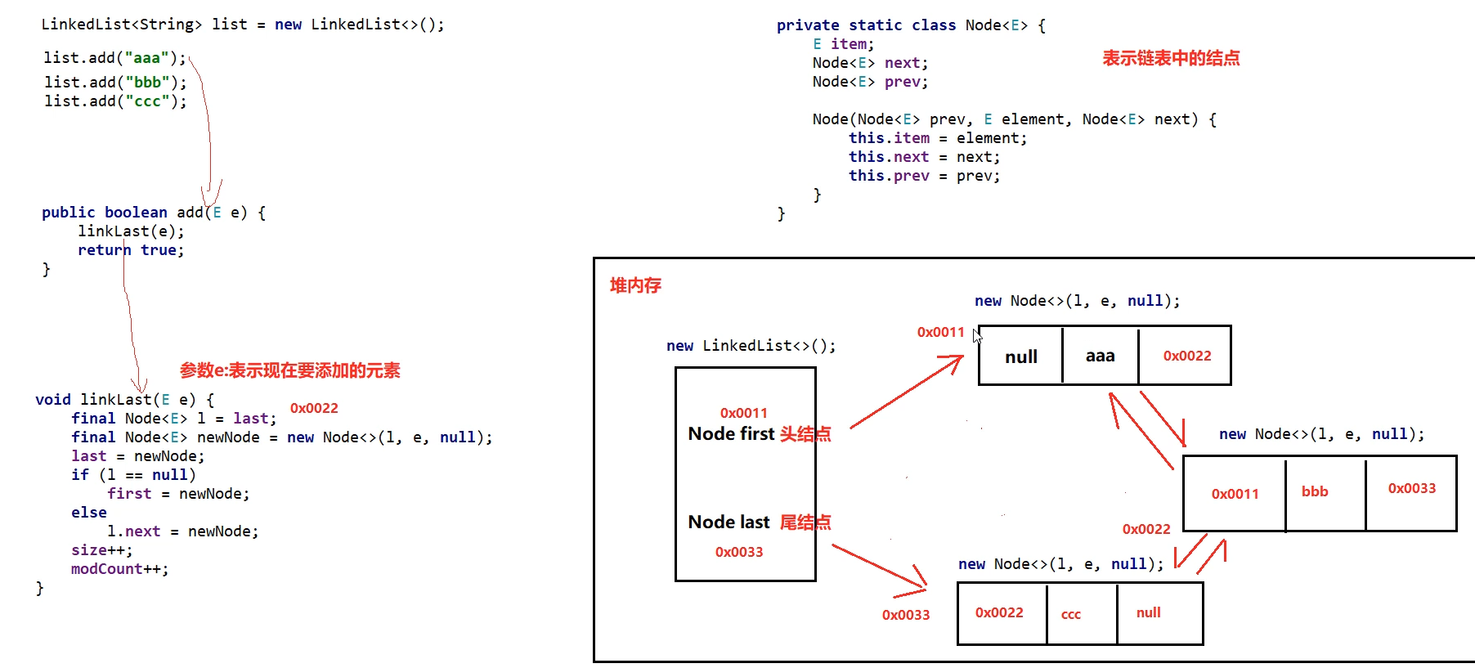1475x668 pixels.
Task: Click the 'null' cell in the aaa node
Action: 1020,356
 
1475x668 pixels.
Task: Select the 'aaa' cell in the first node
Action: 1100,356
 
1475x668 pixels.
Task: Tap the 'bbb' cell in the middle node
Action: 1315,491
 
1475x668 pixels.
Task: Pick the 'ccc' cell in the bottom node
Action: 1071,614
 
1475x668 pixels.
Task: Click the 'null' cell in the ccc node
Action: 1148,612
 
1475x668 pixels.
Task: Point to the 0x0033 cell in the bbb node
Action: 1411,488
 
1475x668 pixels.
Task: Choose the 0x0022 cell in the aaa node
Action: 1186,356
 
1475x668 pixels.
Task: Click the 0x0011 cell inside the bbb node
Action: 1235,494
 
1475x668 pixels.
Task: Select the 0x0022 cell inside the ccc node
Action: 999,612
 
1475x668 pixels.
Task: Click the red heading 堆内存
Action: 635,285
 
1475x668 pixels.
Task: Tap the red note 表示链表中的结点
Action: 1171,58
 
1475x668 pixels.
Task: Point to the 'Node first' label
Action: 731,433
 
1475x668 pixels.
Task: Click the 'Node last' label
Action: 729,522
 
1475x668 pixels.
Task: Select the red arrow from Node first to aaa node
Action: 906,392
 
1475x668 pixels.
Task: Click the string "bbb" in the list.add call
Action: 147,82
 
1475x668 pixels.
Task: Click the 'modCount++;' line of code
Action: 119,569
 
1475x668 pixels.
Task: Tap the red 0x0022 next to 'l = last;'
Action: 314,408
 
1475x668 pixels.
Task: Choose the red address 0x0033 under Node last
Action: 738,552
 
